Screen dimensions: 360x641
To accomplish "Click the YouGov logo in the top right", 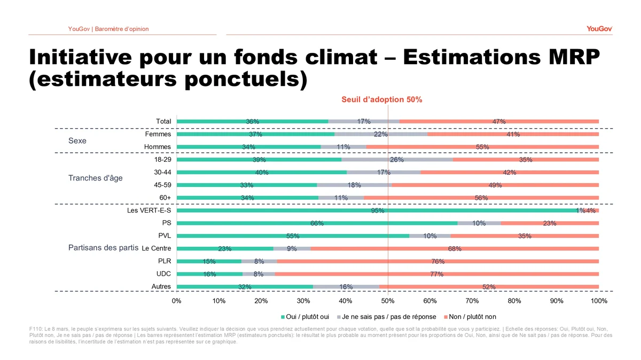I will (x=599, y=28).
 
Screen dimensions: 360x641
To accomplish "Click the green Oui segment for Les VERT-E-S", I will (x=320, y=210).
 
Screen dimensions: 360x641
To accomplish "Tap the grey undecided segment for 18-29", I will (x=397, y=160).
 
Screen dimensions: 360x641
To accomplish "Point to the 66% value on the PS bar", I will (x=317, y=223).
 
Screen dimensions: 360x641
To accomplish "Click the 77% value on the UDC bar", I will (x=436, y=274).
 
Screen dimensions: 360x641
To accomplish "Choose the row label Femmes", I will (x=158, y=135).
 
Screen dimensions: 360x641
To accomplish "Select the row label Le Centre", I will (x=157, y=248).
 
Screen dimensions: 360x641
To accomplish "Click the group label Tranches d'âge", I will (x=95, y=178).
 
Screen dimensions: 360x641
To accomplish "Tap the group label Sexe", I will (x=77, y=141).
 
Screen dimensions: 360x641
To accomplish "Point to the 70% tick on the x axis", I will (x=472, y=301).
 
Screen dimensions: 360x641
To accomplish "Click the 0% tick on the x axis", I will (x=177, y=301).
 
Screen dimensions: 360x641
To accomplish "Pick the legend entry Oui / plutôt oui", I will (x=308, y=317).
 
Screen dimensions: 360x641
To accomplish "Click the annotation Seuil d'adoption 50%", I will (x=382, y=99).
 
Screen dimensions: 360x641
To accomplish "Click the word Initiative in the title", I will (x=83, y=57).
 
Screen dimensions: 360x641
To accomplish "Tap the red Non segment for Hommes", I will (x=482, y=147).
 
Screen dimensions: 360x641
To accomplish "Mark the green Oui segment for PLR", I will (x=209, y=261).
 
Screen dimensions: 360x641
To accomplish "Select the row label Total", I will (x=163, y=122).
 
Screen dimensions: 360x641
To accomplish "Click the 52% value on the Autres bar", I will (x=489, y=287).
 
